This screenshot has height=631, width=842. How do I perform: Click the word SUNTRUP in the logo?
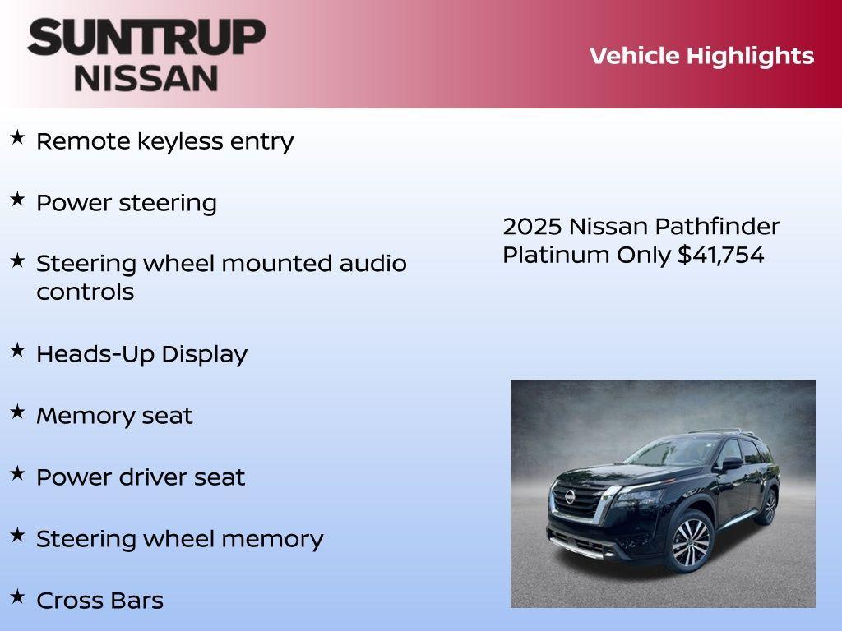click(146, 37)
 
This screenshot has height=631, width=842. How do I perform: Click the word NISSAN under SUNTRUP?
click(146, 77)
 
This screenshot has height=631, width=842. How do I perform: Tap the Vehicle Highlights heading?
click(701, 56)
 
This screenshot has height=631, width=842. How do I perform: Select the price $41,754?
click(721, 255)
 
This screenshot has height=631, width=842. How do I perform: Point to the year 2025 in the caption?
click(532, 226)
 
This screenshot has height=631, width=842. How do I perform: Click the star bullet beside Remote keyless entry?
click(17, 137)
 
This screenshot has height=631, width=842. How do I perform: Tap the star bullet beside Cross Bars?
click(17, 596)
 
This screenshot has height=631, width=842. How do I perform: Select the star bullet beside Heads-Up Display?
click(17, 350)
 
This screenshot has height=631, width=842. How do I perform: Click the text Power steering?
click(127, 203)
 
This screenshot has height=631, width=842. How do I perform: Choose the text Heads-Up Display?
click(141, 354)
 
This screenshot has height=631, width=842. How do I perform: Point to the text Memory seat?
click(114, 416)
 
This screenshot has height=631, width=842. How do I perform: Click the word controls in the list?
click(85, 292)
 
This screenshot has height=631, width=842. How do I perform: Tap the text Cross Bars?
click(99, 601)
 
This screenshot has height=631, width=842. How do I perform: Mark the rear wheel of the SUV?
click(769, 506)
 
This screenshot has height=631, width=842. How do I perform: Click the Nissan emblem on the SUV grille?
click(570, 497)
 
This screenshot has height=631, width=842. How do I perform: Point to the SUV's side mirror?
click(731, 463)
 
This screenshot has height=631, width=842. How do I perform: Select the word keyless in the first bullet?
click(179, 141)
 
